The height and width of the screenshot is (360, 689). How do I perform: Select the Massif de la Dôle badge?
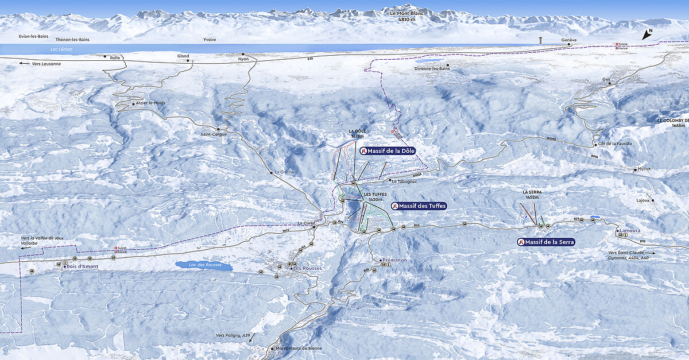(x=388, y=150)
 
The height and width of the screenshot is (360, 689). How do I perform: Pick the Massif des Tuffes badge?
(x=419, y=206)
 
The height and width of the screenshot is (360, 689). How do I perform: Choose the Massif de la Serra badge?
(x=546, y=242)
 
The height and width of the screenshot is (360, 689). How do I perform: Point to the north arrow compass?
(x=647, y=34)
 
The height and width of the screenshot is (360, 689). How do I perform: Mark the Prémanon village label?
(x=394, y=260)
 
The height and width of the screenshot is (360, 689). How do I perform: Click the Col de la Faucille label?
(x=615, y=144)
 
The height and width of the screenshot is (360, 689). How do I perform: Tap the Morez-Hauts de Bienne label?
(x=299, y=349)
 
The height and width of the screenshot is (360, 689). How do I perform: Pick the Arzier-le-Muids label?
(x=150, y=103)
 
